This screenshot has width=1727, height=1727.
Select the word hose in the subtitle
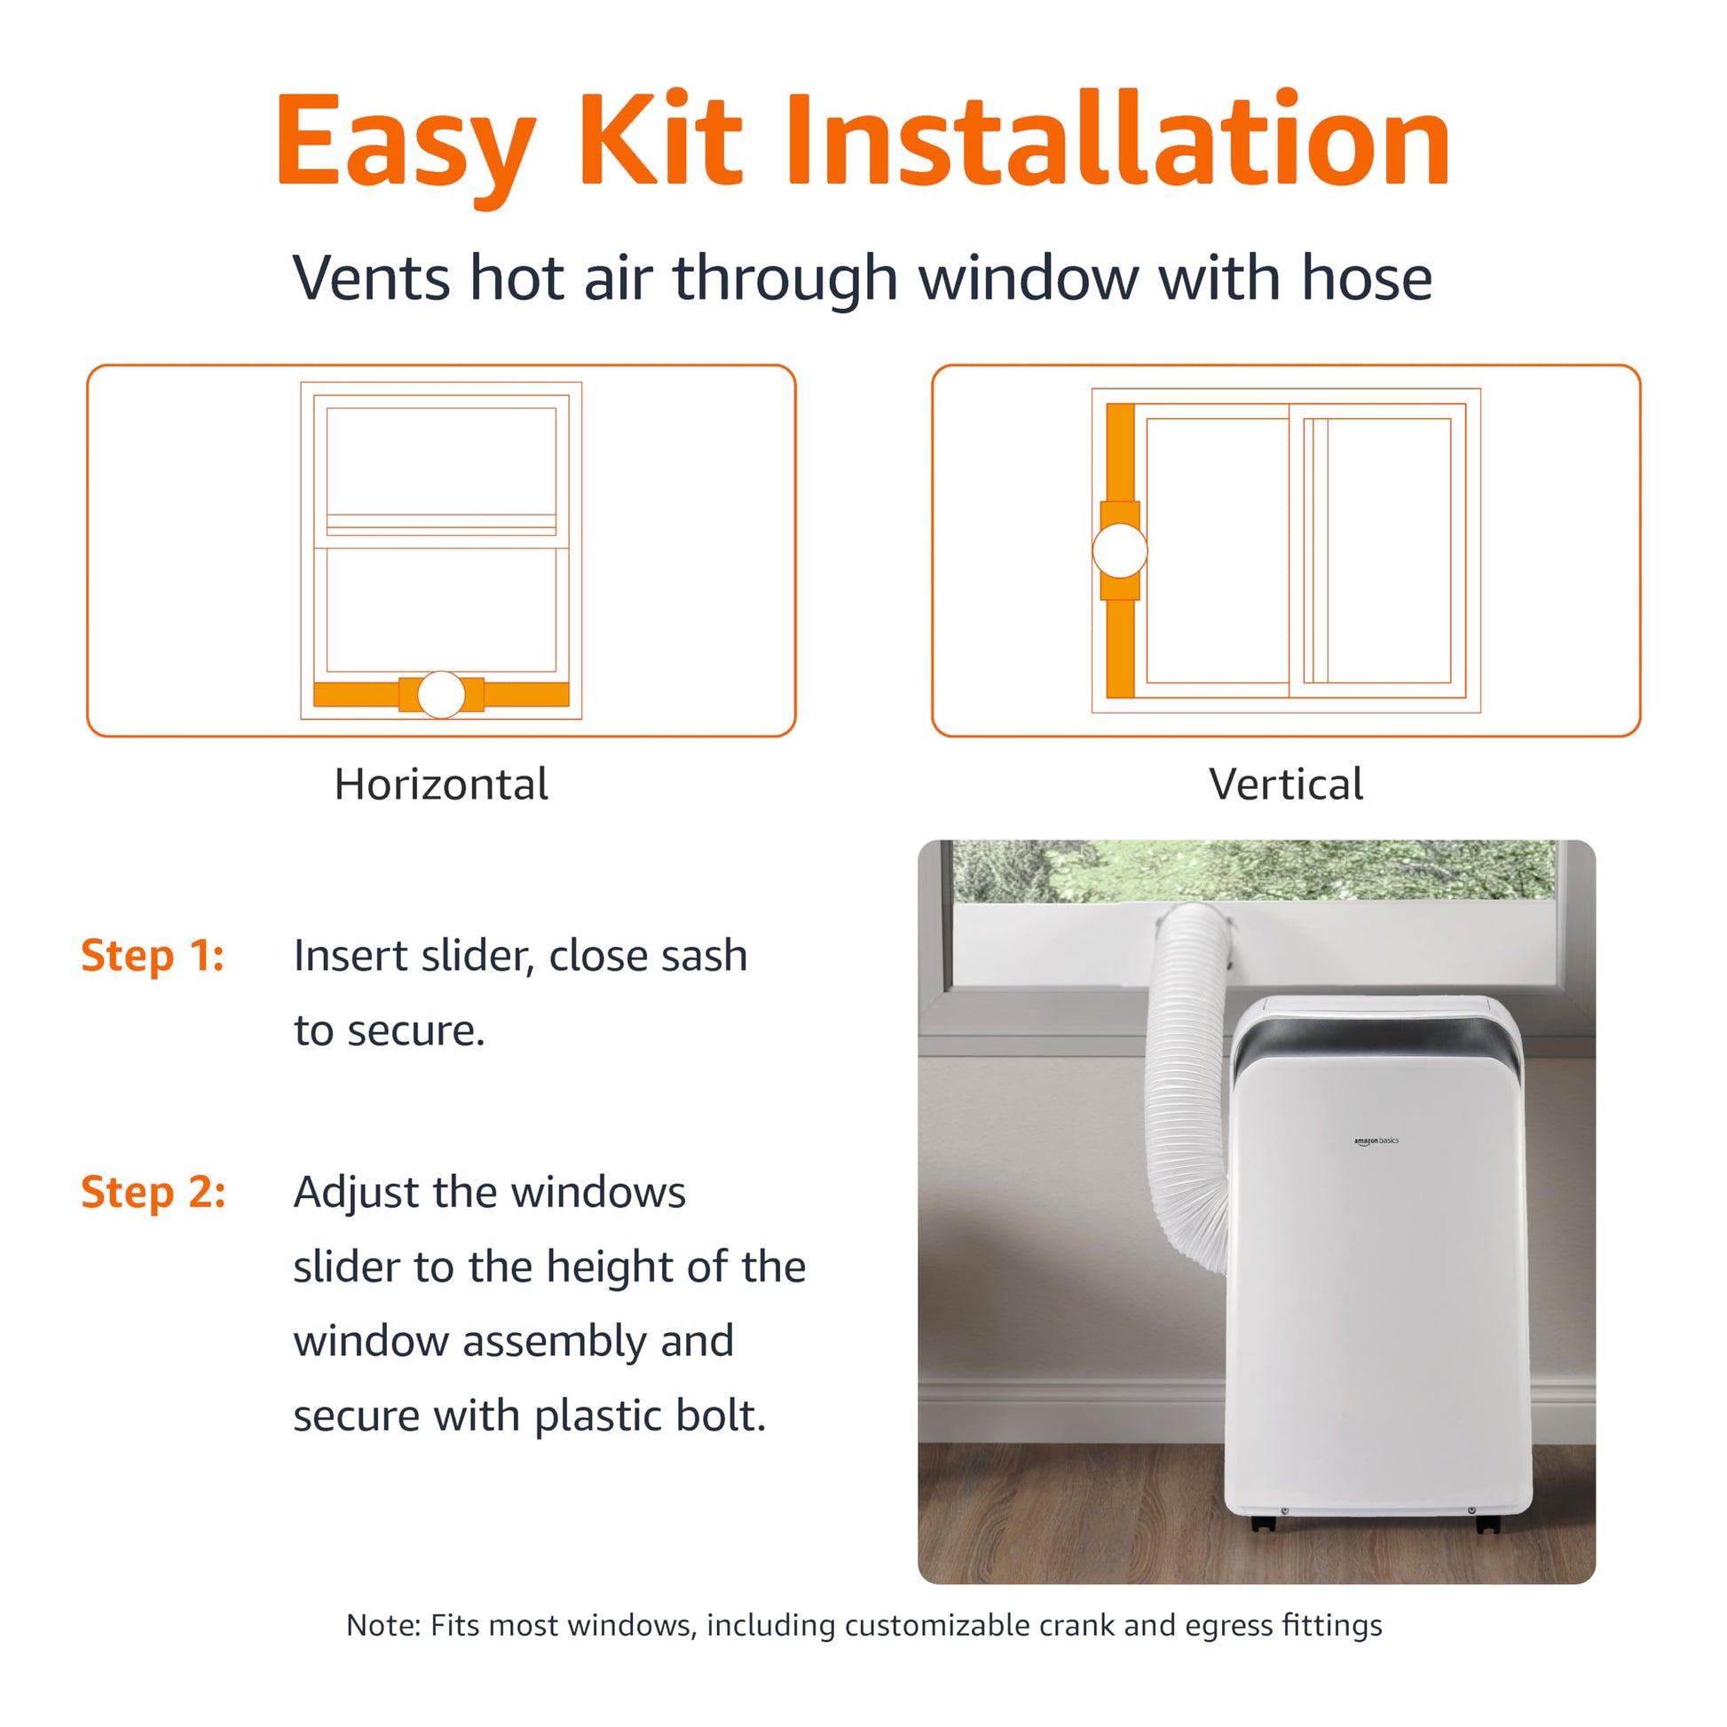[1367, 277]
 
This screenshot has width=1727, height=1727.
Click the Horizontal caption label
[442, 785]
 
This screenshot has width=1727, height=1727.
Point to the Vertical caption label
[1285, 785]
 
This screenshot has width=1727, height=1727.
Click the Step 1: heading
[153, 956]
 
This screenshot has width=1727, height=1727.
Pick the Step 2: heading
[154, 1193]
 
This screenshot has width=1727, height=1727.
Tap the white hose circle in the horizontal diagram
[442, 695]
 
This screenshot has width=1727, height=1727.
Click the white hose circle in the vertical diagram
[1120, 550]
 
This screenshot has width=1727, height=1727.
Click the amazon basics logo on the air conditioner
[1376, 1141]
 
